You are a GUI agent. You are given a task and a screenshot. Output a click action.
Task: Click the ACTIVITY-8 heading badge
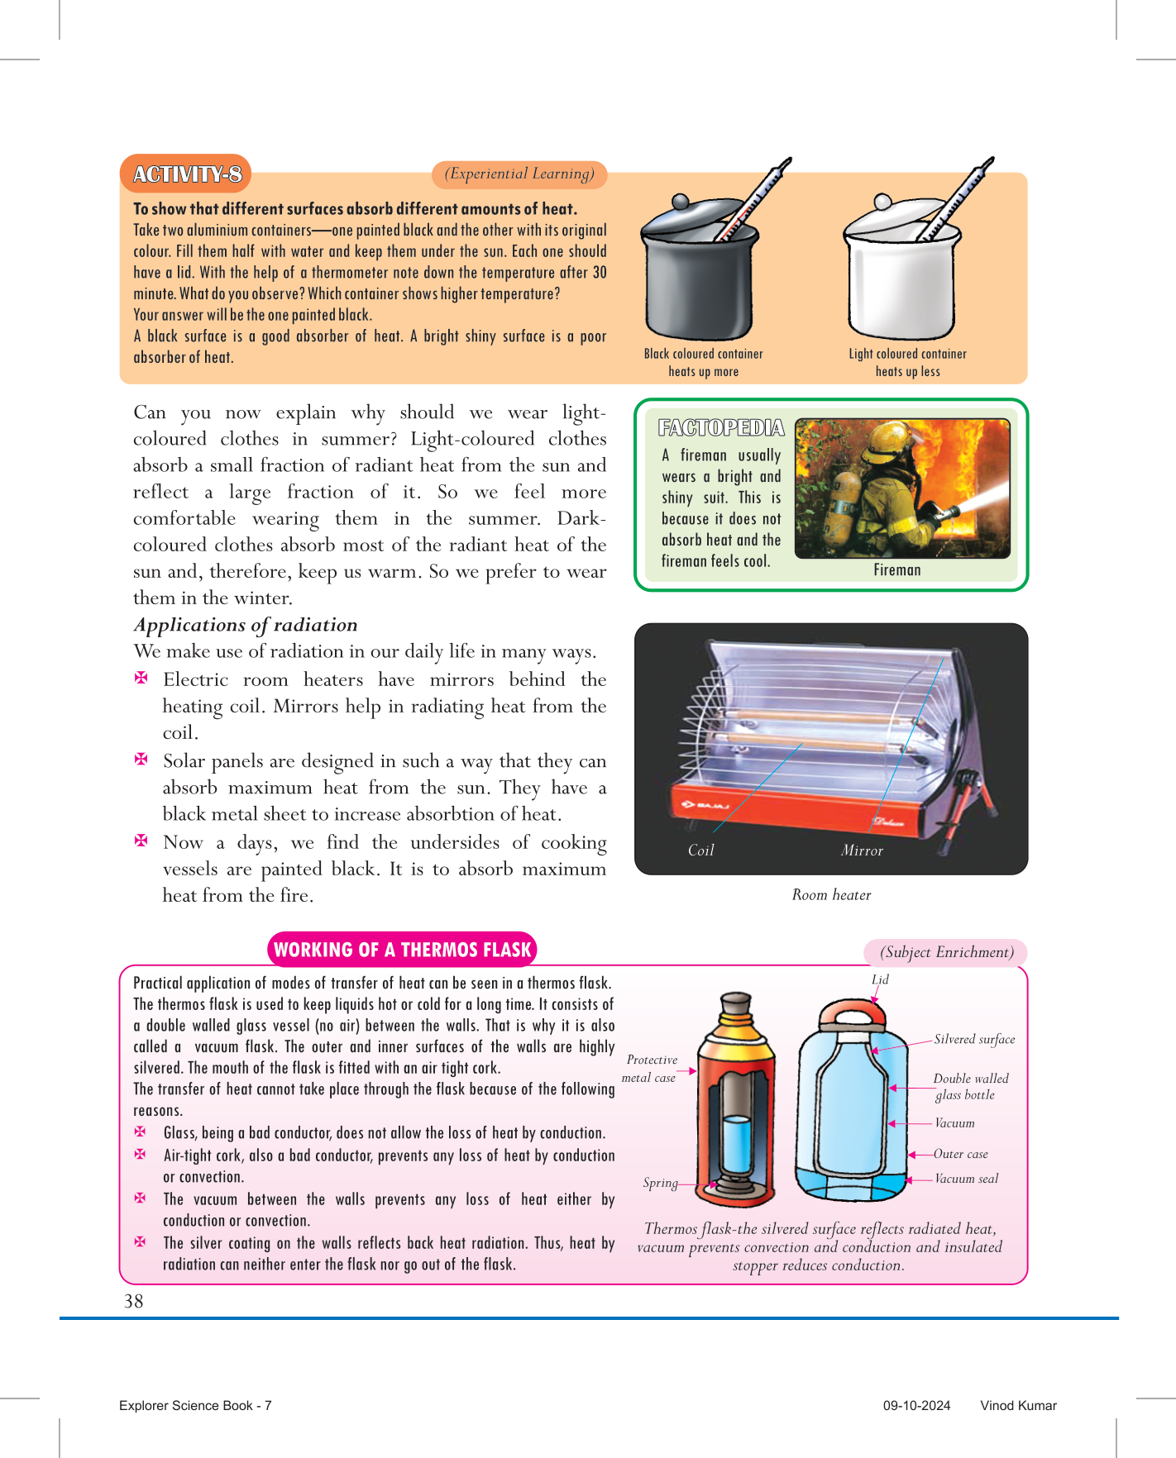[x=186, y=174]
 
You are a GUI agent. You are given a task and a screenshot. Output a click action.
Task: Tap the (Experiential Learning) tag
[x=519, y=174]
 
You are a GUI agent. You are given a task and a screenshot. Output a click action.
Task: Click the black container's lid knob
[x=680, y=202]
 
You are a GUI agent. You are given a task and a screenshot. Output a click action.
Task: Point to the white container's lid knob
[x=883, y=202]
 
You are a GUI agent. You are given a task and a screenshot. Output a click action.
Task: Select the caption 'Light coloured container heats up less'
[x=907, y=363]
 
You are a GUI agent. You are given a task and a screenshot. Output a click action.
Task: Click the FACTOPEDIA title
[x=721, y=427]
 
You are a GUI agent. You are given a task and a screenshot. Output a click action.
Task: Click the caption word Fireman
[x=897, y=569]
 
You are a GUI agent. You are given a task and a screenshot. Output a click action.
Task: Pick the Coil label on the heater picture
[x=700, y=850]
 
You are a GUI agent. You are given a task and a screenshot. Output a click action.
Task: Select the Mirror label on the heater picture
[x=862, y=850]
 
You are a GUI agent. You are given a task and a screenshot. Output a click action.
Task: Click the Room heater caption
[x=831, y=894]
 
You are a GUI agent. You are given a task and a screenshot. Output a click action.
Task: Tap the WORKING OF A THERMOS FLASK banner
[x=403, y=950]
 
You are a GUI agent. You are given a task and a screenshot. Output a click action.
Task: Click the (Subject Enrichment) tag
[x=946, y=952]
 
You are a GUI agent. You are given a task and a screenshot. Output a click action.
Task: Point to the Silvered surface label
[x=974, y=1039]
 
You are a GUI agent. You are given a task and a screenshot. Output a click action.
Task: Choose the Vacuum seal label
[x=966, y=1179]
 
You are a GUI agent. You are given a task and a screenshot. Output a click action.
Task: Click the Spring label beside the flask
[x=660, y=1183]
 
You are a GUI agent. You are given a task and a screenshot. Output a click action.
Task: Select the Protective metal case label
[x=650, y=1069]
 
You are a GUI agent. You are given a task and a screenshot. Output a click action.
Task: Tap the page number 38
[x=133, y=1301]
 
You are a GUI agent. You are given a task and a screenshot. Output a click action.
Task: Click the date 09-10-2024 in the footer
[x=916, y=1405]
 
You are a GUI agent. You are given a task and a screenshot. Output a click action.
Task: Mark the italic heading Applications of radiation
[x=246, y=625]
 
